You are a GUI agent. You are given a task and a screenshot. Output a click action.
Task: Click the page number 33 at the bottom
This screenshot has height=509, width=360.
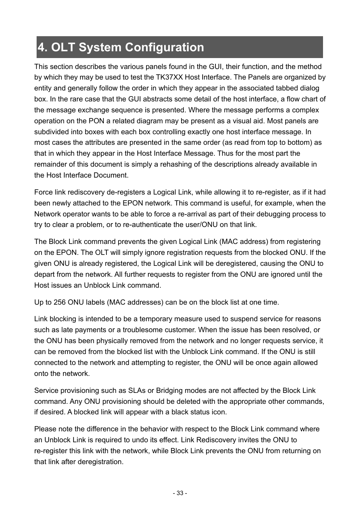tap(180, 493)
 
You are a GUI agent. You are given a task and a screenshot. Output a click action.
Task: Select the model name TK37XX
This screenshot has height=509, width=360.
tap(168, 77)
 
